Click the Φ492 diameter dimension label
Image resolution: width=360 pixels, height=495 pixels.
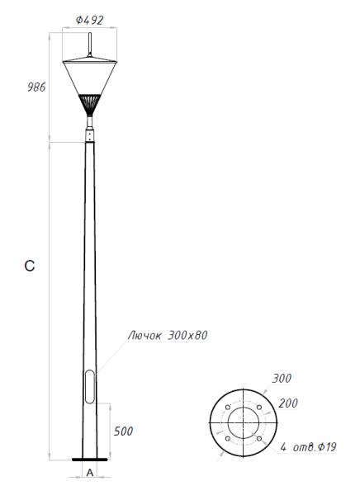click(x=90, y=18)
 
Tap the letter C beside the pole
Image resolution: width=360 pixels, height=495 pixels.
click(x=30, y=266)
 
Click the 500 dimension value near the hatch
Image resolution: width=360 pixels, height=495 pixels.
click(x=124, y=431)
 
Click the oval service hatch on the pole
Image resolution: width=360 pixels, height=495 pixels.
click(x=89, y=386)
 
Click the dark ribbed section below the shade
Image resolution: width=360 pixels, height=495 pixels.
click(x=90, y=104)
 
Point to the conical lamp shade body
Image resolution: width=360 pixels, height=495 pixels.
click(x=90, y=78)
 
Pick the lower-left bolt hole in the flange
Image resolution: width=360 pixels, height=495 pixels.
click(x=226, y=439)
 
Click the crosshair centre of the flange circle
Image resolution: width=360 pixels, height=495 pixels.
click(x=242, y=423)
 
